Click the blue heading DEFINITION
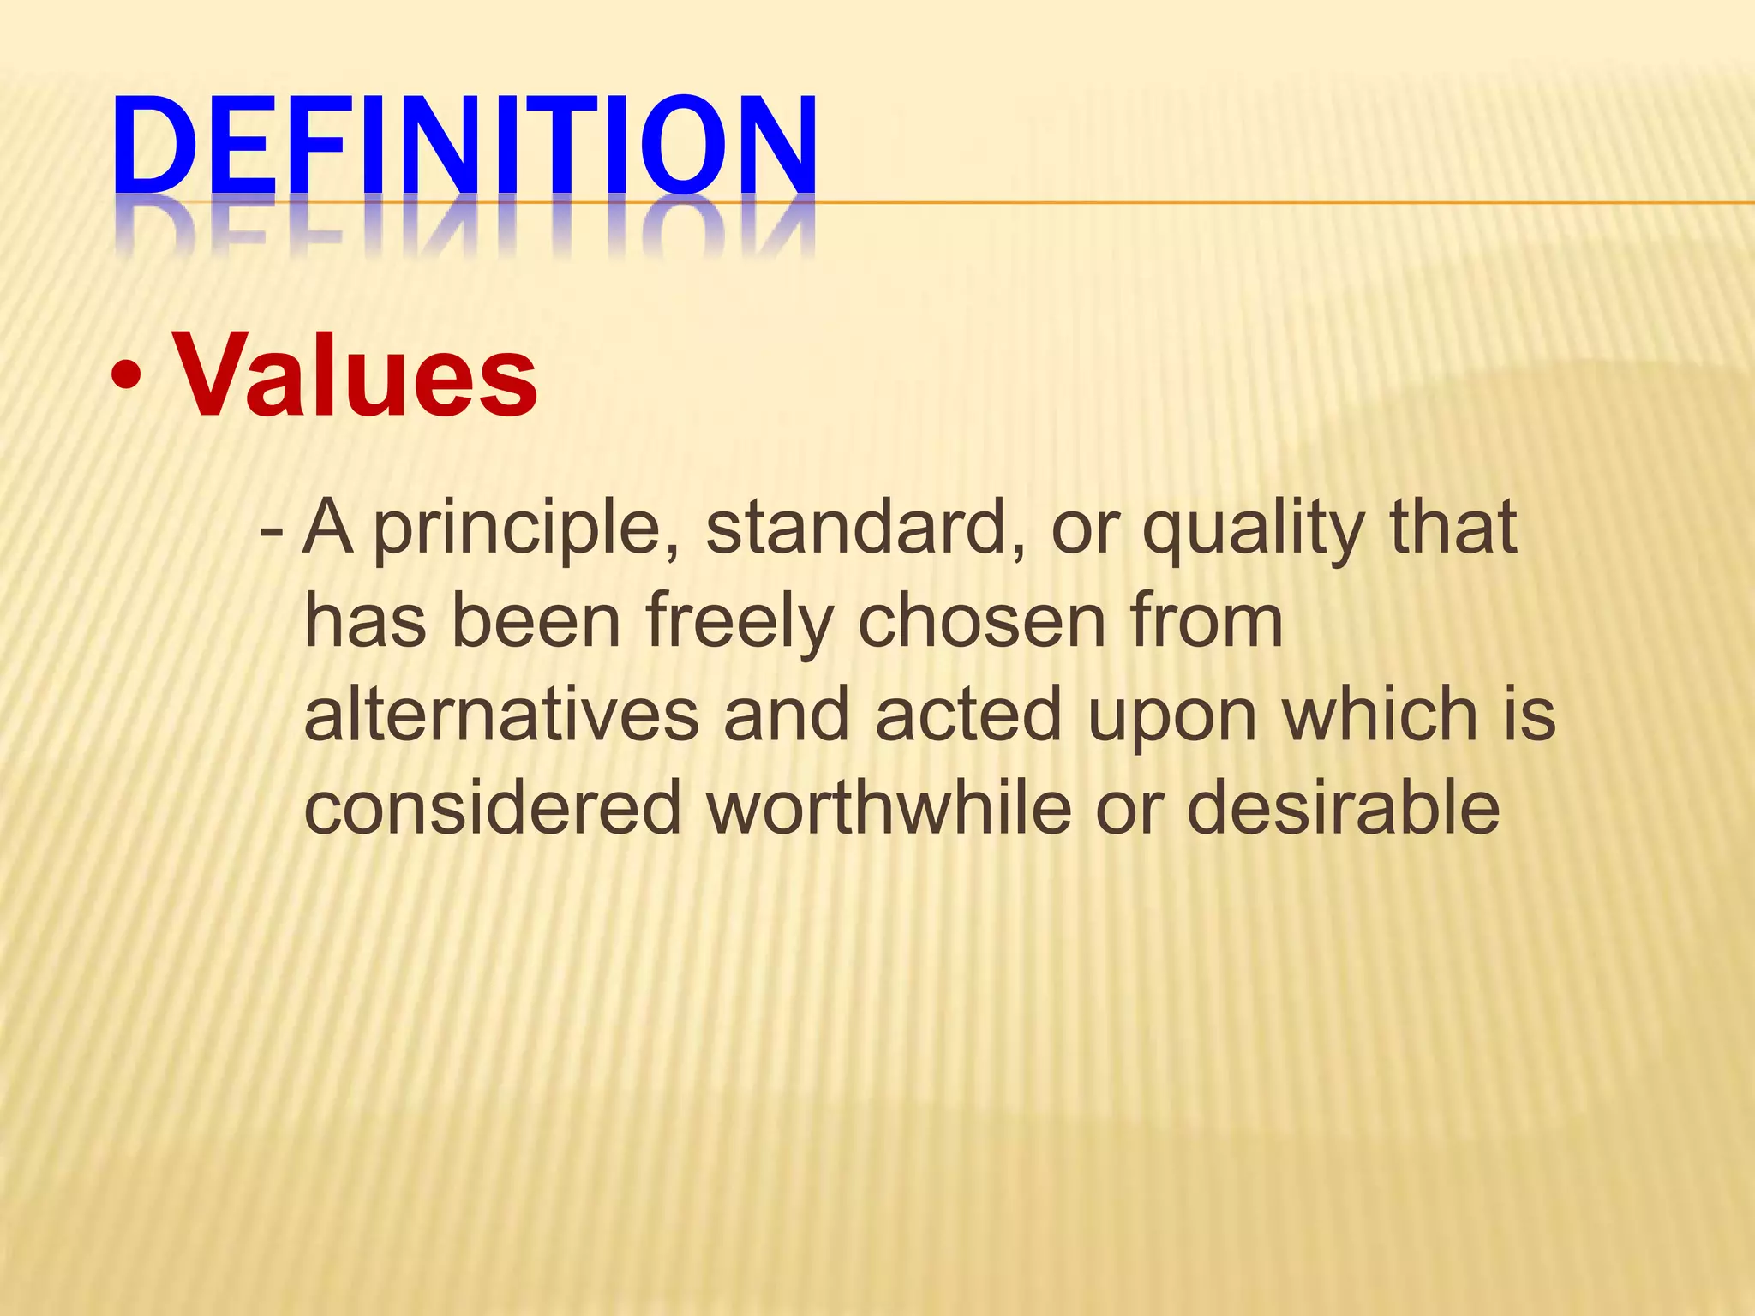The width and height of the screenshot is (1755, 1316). pos(464,146)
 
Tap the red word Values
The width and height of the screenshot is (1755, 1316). pos(356,375)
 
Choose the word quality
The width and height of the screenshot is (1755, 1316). pos(1253,529)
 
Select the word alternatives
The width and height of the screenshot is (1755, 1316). pos(502,716)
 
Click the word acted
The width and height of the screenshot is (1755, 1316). pos(968,716)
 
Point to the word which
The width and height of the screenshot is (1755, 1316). pos(1380,715)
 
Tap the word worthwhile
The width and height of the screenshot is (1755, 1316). pos(889,809)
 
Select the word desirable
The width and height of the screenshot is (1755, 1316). pos(1343,809)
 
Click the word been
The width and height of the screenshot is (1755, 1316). pos(536,622)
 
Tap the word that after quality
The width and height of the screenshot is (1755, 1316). pos(1453,528)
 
